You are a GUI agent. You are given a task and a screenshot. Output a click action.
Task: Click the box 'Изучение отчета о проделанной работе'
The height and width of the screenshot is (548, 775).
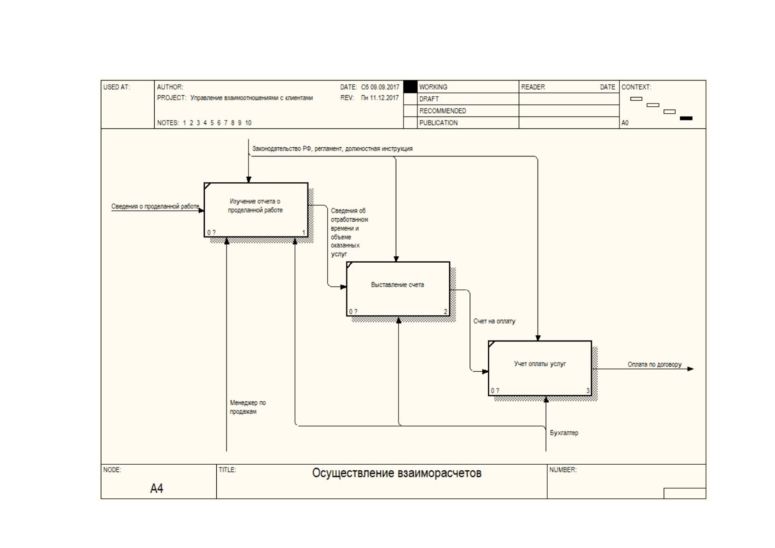click(256, 210)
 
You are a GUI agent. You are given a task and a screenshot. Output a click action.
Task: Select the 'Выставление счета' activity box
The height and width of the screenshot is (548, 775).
click(398, 289)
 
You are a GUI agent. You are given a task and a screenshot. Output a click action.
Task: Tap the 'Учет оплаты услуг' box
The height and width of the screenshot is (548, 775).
click(540, 368)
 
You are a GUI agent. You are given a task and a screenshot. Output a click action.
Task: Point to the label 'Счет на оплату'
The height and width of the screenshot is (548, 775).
click(494, 322)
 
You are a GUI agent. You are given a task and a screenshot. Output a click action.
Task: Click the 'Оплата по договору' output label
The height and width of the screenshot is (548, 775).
click(654, 364)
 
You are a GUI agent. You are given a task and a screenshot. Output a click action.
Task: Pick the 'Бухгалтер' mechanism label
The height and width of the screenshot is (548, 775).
click(564, 433)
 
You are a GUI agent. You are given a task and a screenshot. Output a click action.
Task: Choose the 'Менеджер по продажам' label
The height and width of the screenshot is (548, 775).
click(248, 407)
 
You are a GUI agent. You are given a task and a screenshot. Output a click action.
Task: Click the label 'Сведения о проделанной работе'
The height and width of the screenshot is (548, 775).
click(155, 206)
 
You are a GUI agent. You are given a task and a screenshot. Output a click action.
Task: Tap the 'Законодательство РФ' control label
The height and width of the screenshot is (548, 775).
click(282, 149)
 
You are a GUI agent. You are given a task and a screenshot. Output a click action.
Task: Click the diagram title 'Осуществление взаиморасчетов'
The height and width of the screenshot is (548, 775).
click(397, 473)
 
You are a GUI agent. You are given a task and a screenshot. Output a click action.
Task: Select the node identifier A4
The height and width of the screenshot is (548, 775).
click(157, 488)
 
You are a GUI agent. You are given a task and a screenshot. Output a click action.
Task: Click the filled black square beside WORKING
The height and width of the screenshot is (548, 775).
click(411, 87)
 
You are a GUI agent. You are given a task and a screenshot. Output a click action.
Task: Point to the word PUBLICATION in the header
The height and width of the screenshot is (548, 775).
click(439, 123)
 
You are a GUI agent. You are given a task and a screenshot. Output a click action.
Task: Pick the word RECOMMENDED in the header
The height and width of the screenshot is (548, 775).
click(443, 111)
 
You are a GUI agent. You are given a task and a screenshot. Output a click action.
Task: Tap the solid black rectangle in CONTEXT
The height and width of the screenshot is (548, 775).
click(686, 118)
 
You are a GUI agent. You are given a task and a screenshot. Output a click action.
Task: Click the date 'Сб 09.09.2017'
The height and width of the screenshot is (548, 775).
click(380, 87)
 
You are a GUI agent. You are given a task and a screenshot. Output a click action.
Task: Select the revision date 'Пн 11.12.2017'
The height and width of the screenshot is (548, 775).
click(380, 98)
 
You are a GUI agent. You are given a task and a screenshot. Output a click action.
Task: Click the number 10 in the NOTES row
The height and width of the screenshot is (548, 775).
click(248, 123)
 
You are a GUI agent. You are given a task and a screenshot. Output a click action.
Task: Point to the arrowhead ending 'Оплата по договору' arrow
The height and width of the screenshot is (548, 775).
click(691, 369)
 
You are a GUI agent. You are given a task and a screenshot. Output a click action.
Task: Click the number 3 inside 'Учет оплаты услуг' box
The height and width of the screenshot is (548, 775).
click(588, 391)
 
